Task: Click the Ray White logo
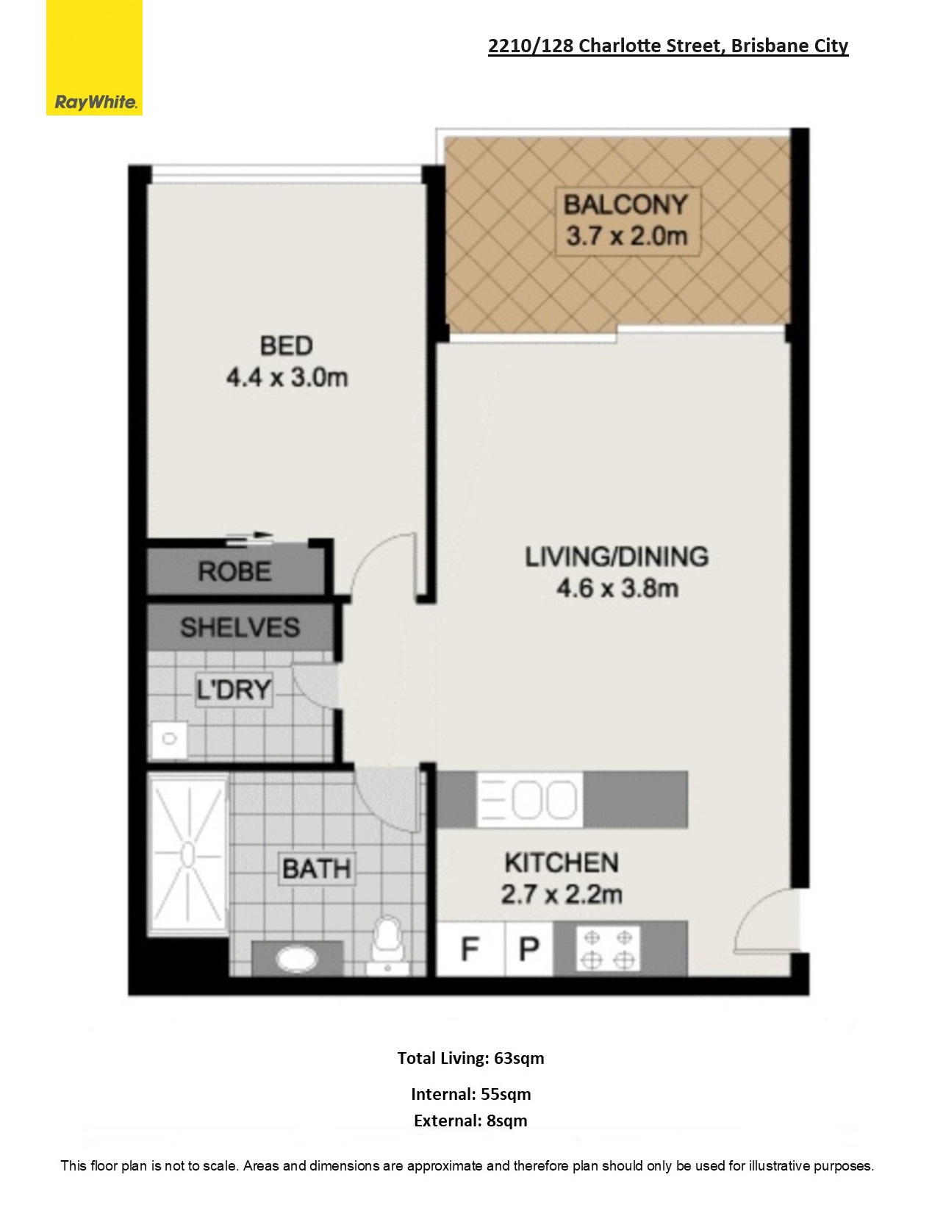tap(94, 58)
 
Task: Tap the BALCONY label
tap(625, 204)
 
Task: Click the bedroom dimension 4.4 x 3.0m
tap(287, 378)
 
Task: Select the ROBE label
tap(234, 571)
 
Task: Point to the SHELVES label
tap(240, 628)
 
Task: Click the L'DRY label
tap(234, 690)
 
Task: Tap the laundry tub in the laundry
tap(169, 739)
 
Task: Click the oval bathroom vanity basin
tap(298, 958)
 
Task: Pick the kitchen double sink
tap(530, 800)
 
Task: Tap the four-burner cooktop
tap(608, 949)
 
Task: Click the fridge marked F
tap(470, 949)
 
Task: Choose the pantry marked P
tap(528, 949)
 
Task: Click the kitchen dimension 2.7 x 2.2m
tap(562, 895)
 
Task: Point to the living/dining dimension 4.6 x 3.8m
tap(617, 588)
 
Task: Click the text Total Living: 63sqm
tap(470, 1059)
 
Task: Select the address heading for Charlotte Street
tap(668, 46)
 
